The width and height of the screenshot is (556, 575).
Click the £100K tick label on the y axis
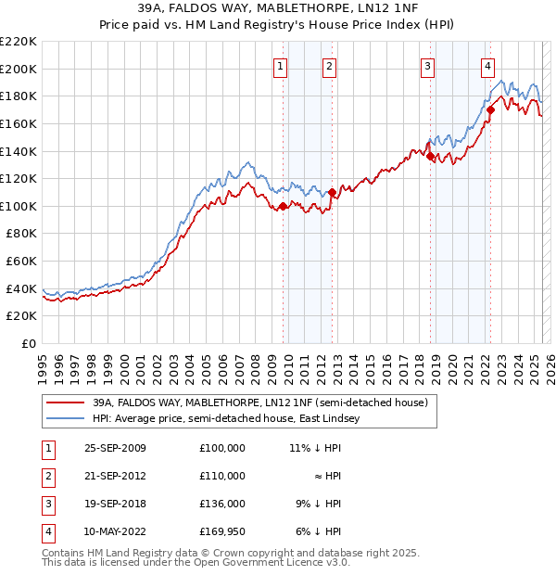click(x=19, y=206)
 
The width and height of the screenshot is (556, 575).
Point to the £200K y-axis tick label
click(x=19, y=69)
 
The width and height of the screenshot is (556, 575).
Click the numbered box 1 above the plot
click(x=280, y=65)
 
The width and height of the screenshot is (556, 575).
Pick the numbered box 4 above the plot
click(x=487, y=65)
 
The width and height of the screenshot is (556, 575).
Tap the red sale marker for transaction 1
click(x=283, y=206)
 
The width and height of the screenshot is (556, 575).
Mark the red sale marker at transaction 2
click(x=332, y=192)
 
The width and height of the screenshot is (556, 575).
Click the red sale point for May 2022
click(x=490, y=110)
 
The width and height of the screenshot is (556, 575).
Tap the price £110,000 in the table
click(x=222, y=476)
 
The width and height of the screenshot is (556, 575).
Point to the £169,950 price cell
click(x=222, y=531)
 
